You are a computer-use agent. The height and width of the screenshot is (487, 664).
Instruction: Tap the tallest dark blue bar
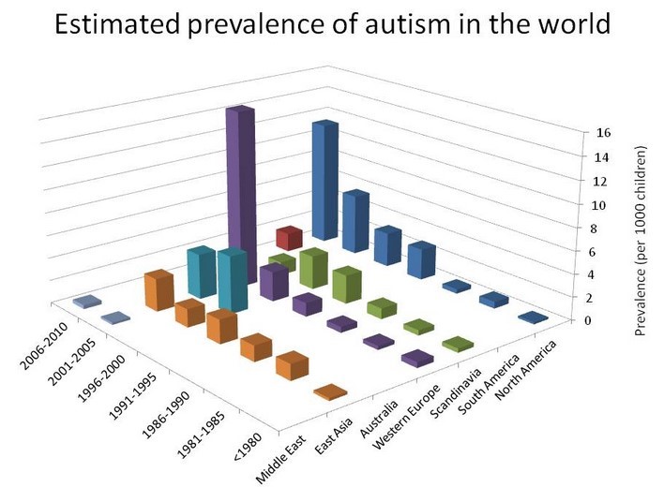(x=324, y=178)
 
